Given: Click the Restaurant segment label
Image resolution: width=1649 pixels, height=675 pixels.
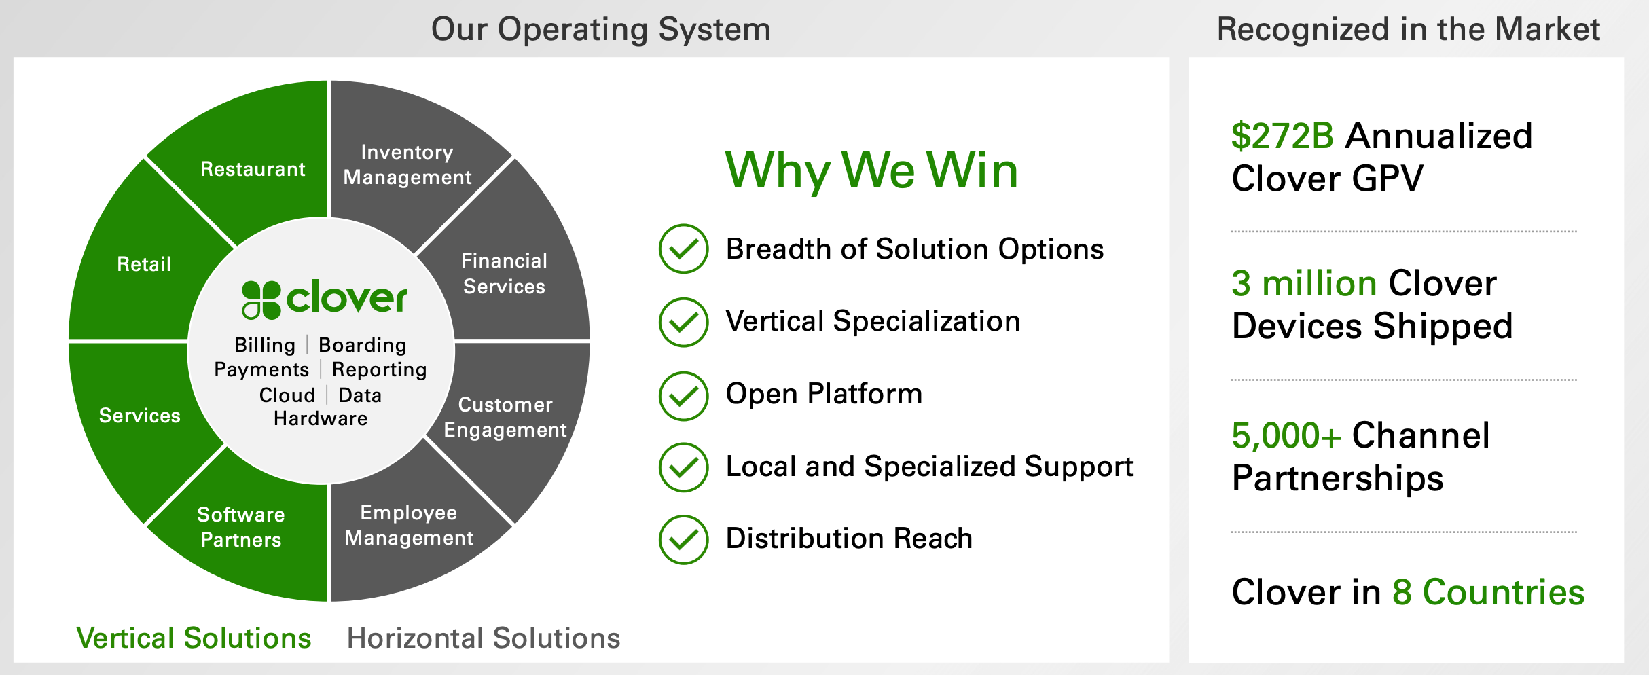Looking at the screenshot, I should click(253, 169).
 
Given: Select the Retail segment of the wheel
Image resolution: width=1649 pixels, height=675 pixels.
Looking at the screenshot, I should click(144, 263).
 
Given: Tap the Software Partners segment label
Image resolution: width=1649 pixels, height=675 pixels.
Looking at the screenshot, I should click(240, 527).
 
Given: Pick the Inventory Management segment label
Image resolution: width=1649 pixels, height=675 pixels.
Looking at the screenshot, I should click(407, 164).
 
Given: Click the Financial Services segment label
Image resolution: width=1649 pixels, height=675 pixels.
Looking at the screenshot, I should click(504, 273).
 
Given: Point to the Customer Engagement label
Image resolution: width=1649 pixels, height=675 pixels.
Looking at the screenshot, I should click(505, 417).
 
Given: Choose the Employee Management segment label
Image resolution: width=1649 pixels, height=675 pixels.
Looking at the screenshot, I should click(408, 525).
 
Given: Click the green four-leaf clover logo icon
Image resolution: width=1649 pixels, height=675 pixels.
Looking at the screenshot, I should click(261, 299).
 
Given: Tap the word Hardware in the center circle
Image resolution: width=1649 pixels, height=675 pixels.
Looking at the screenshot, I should click(321, 418).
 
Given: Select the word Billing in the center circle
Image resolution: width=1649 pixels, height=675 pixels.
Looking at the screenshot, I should click(265, 345).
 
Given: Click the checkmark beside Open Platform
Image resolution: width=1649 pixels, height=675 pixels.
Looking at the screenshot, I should click(683, 395).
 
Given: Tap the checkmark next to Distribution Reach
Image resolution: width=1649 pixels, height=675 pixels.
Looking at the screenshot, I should click(683, 540).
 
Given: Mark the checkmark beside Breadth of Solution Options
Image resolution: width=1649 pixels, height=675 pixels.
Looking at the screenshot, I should click(683, 249).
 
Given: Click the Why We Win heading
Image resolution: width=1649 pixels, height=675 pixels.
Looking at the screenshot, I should click(871, 170).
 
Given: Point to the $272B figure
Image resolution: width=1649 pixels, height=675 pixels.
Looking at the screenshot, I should click(1282, 136).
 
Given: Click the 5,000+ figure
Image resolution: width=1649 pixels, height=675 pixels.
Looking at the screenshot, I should click(1286, 435).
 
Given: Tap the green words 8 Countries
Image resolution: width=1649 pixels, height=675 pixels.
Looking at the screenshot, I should click(1488, 592).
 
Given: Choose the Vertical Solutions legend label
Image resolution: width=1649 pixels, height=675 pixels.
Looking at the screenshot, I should click(194, 638).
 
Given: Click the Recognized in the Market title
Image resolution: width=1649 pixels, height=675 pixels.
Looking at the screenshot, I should click(1408, 29).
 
